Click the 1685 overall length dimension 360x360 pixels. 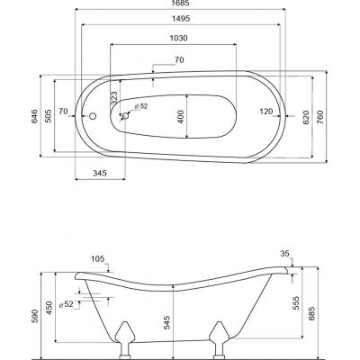pyautogui.click(x=181, y=3)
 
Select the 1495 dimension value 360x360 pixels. pyautogui.click(x=181, y=19)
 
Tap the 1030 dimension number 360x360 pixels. pyautogui.click(x=178, y=38)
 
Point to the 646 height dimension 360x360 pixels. pyautogui.click(x=34, y=116)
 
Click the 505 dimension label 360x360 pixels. pyautogui.click(x=49, y=116)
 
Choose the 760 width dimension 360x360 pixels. pyautogui.click(x=320, y=117)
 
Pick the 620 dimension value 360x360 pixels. pyautogui.click(x=306, y=117)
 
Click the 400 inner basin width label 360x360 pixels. pyautogui.click(x=180, y=116)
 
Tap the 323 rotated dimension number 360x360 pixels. pyautogui.click(x=114, y=97)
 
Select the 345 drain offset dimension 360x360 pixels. pyautogui.click(x=100, y=173)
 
